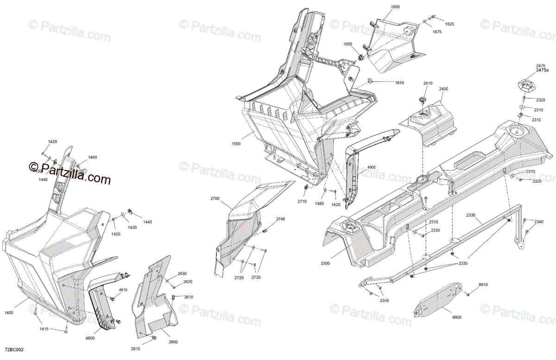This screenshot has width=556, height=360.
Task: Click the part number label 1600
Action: pos(395,7)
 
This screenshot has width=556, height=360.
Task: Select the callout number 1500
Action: pos(236,144)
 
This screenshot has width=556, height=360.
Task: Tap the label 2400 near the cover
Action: pos(443,88)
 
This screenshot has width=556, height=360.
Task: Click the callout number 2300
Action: pos(325,263)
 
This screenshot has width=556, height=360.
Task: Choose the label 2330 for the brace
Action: pos(471,215)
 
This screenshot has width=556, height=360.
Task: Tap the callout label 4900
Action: pos(372,167)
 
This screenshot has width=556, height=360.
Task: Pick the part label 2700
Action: pos(215,199)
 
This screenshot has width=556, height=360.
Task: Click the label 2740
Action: pos(281,219)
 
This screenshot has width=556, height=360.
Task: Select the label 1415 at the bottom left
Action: pos(44,329)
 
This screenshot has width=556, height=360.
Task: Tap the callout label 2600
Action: pos(173,342)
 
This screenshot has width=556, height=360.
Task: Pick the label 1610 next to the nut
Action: pos(399,82)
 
